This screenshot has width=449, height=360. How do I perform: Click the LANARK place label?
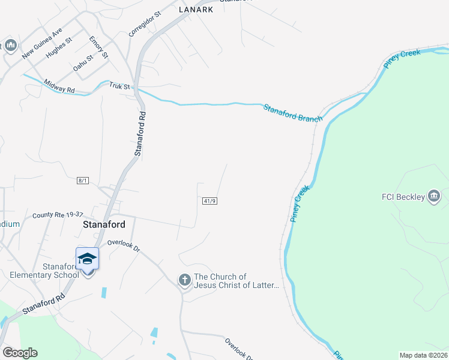pos(196,10)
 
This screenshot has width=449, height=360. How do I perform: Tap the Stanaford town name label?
pos(103,224)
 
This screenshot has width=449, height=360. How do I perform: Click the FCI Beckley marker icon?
pos(434,196)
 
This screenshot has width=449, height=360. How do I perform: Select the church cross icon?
pos(185,280)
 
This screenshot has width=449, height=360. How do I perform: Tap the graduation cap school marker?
pos(87,259)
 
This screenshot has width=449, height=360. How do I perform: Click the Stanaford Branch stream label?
pos(292,113)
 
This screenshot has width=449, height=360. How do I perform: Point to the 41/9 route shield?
pos(209,200)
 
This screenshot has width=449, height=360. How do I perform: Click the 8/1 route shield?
pos(83,181)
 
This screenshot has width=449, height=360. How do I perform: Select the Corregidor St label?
pos(145,23)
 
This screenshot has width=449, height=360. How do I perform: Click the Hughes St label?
pos(59,47)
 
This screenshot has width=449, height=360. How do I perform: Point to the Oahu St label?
pos(84,63)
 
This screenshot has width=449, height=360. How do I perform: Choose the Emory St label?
pos(98,47)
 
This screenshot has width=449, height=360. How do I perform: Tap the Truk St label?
pos(119,86)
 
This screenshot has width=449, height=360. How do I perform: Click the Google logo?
pos(20,353)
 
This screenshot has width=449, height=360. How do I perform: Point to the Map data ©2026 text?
pos(423,355)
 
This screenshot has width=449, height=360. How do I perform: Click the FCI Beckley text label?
pos(403,196)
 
